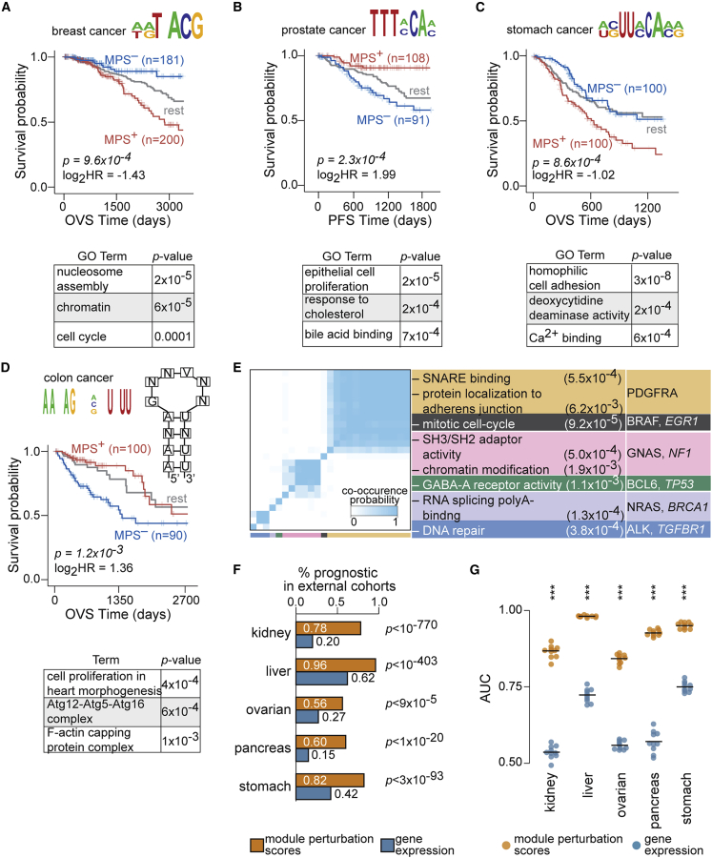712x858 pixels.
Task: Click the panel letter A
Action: point(9,9)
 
